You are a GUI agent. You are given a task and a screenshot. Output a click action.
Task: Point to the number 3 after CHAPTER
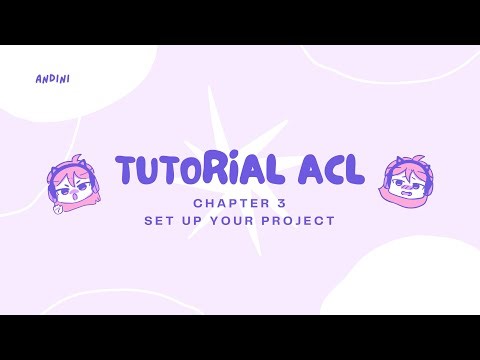coord(268,201)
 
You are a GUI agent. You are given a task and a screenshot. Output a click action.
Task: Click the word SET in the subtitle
coord(159,219)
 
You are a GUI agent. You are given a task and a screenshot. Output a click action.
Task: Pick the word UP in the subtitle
coord(194,219)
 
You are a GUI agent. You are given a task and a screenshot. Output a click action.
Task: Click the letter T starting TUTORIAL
coord(128,170)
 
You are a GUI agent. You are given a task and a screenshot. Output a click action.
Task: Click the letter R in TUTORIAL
coord(218,170)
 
